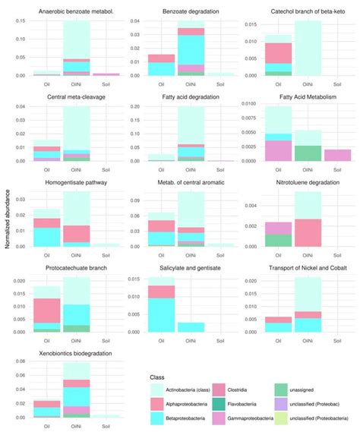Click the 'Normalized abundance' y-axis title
[x=7, y=216]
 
